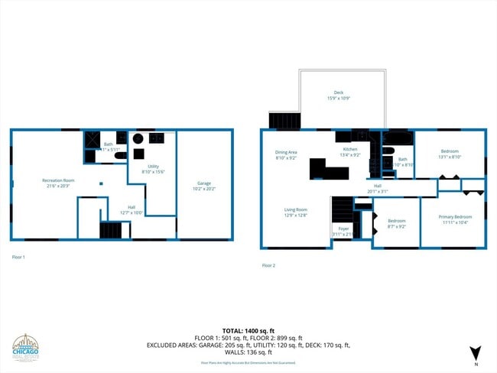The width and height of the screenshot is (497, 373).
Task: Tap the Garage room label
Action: pos(204,183)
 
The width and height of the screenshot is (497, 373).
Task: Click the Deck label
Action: pos(338,92)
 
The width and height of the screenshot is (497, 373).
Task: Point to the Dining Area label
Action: pos(286,152)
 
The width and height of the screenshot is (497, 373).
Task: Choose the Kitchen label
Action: pos(349,149)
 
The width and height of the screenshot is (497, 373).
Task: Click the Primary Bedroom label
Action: pos(455,217)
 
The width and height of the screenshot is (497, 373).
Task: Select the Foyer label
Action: pos(343,229)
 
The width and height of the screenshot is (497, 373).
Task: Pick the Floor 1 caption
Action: pos(18,257)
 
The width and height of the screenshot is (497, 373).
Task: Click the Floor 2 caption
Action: pos(268,265)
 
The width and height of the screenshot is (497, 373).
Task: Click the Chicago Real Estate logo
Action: pos(31,350)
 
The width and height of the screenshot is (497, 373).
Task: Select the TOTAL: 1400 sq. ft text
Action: pos(248,330)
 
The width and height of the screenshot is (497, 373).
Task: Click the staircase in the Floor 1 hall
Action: pos(111,230)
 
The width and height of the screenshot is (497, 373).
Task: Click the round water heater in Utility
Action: pos(138,138)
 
